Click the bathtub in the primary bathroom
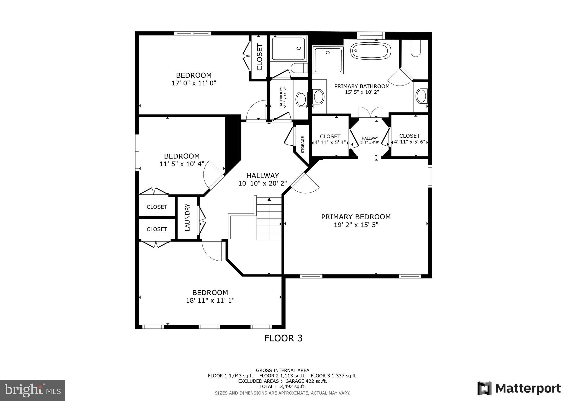(x=371, y=51)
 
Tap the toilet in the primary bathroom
(x=416, y=49)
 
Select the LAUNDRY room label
(x=187, y=217)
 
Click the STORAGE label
(x=303, y=145)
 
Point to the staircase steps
(x=269, y=219)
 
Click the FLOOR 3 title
(x=283, y=338)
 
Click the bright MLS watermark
(x=33, y=390)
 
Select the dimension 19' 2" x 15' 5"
(x=356, y=225)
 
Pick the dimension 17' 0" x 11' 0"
(x=194, y=83)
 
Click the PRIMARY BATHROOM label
(x=362, y=86)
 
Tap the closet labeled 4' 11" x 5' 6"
(x=409, y=139)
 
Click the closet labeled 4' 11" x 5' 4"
(x=330, y=139)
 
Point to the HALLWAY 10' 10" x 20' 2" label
(x=262, y=179)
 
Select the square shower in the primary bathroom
(x=328, y=60)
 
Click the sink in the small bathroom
(x=301, y=99)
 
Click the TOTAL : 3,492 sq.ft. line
(x=282, y=386)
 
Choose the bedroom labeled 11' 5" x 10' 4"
(x=182, y=160)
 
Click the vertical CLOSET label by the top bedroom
(x=259, y=57)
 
